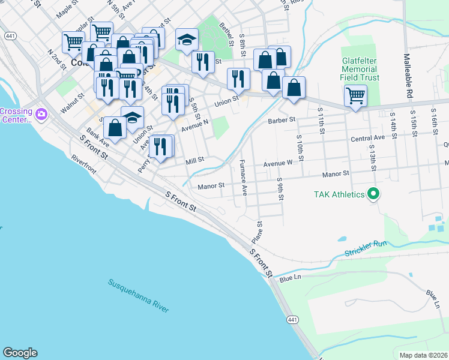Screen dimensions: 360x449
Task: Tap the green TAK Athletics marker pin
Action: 373,194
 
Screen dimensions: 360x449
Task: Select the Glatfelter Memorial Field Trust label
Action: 360,69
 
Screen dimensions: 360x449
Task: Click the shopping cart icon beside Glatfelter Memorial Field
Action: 355,95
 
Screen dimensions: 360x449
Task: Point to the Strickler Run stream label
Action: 366,248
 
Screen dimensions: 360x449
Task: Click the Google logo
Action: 20,353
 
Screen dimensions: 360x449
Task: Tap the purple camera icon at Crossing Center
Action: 41,113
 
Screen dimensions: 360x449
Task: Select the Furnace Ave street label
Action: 243,178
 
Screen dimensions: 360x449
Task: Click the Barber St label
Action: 284,120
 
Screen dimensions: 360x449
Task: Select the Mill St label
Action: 195,160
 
